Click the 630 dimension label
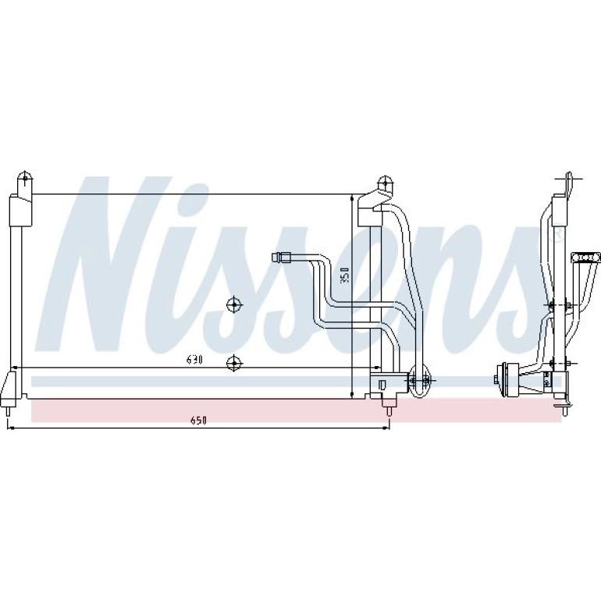pos(194,360)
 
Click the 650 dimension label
pos(198,421)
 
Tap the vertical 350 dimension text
pos(345,275)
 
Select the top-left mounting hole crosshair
pos(25,178)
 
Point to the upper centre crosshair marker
pos(234,305)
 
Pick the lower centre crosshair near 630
pos(234,362)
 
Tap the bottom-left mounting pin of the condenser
pos(8,411)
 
